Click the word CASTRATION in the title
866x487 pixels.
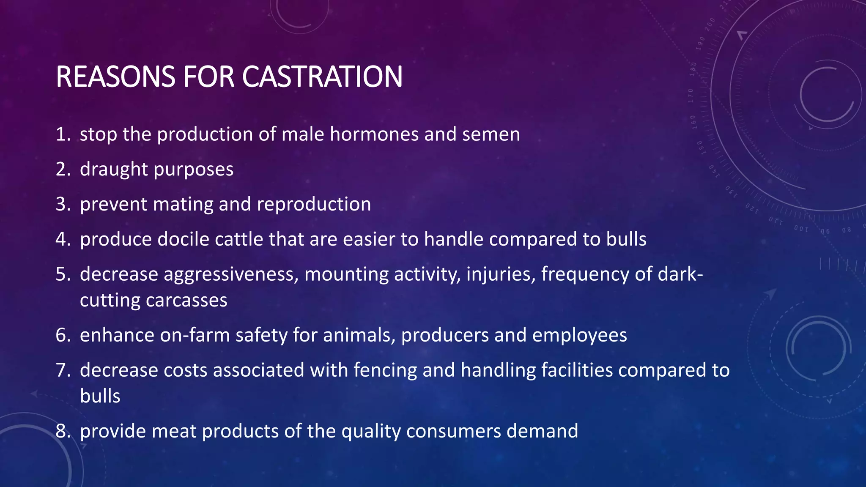(322, 77)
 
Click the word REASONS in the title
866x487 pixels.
(115, 77)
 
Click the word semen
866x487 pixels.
(491, 134)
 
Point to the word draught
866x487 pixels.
(113, 170)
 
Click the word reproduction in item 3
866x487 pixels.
(314, 205)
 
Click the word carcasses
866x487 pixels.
(186, 301)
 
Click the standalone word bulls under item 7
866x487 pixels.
(100, 397)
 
